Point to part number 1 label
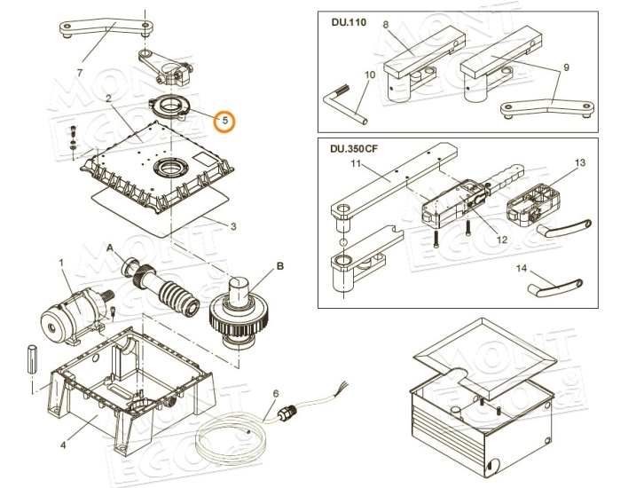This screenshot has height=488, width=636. coord(61,263)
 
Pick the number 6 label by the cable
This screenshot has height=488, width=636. coord(276,392)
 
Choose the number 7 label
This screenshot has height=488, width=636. coord(80,72)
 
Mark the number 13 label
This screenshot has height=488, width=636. coord(580,163)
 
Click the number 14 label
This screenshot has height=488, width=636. coord(522,267)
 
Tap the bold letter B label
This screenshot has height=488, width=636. coord(279,264)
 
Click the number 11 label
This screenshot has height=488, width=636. coord(356,166)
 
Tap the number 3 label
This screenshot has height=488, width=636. coord(233,226)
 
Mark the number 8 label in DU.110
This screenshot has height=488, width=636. coord(386,25)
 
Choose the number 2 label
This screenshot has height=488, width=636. coord(108,99)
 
